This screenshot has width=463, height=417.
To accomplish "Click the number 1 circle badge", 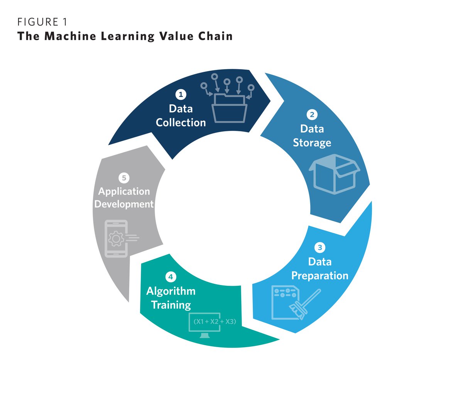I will [181, 95].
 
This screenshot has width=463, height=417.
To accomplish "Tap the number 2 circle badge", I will [312, 115].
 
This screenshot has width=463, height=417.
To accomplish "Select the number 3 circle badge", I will [319, 247].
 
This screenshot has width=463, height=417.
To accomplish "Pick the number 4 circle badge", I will [171, 277].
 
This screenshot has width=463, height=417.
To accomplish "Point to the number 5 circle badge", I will [124, 178].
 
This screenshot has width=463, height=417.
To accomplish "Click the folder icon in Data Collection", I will [229, 108].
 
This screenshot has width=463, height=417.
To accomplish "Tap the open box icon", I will [334, 174].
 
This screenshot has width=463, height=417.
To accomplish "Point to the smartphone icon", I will [116, 239].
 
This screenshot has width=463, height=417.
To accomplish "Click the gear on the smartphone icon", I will [116, 239].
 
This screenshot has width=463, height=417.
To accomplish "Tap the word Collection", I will [181, 123].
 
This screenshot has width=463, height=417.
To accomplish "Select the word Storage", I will [312, 143].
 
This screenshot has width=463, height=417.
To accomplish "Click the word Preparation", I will [319, 276].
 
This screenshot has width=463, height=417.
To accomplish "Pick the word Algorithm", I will [171, 291].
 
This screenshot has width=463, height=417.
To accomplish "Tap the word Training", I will [171, 305].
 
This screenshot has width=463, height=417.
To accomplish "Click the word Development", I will [124, 204].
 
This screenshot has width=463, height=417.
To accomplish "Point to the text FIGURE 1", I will [42, 22].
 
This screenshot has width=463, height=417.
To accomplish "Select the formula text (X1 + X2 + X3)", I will [215, 321].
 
